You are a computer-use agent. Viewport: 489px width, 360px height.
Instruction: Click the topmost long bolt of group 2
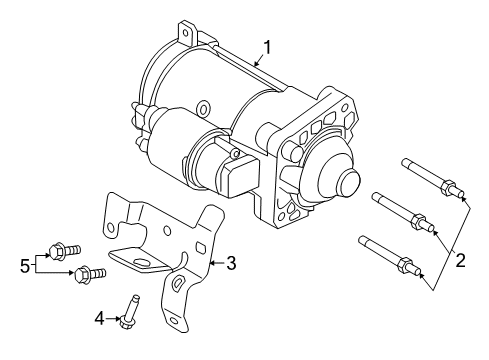point(430,176)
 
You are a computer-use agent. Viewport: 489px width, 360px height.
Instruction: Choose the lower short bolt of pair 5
point(83,271)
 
